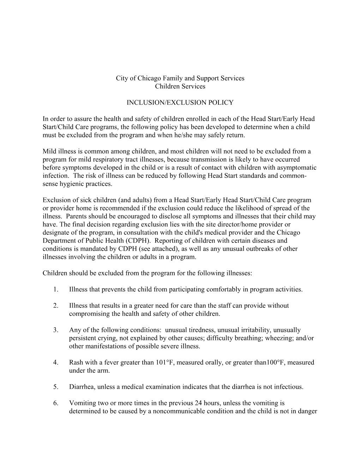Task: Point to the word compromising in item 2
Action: [x=86, y=314]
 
